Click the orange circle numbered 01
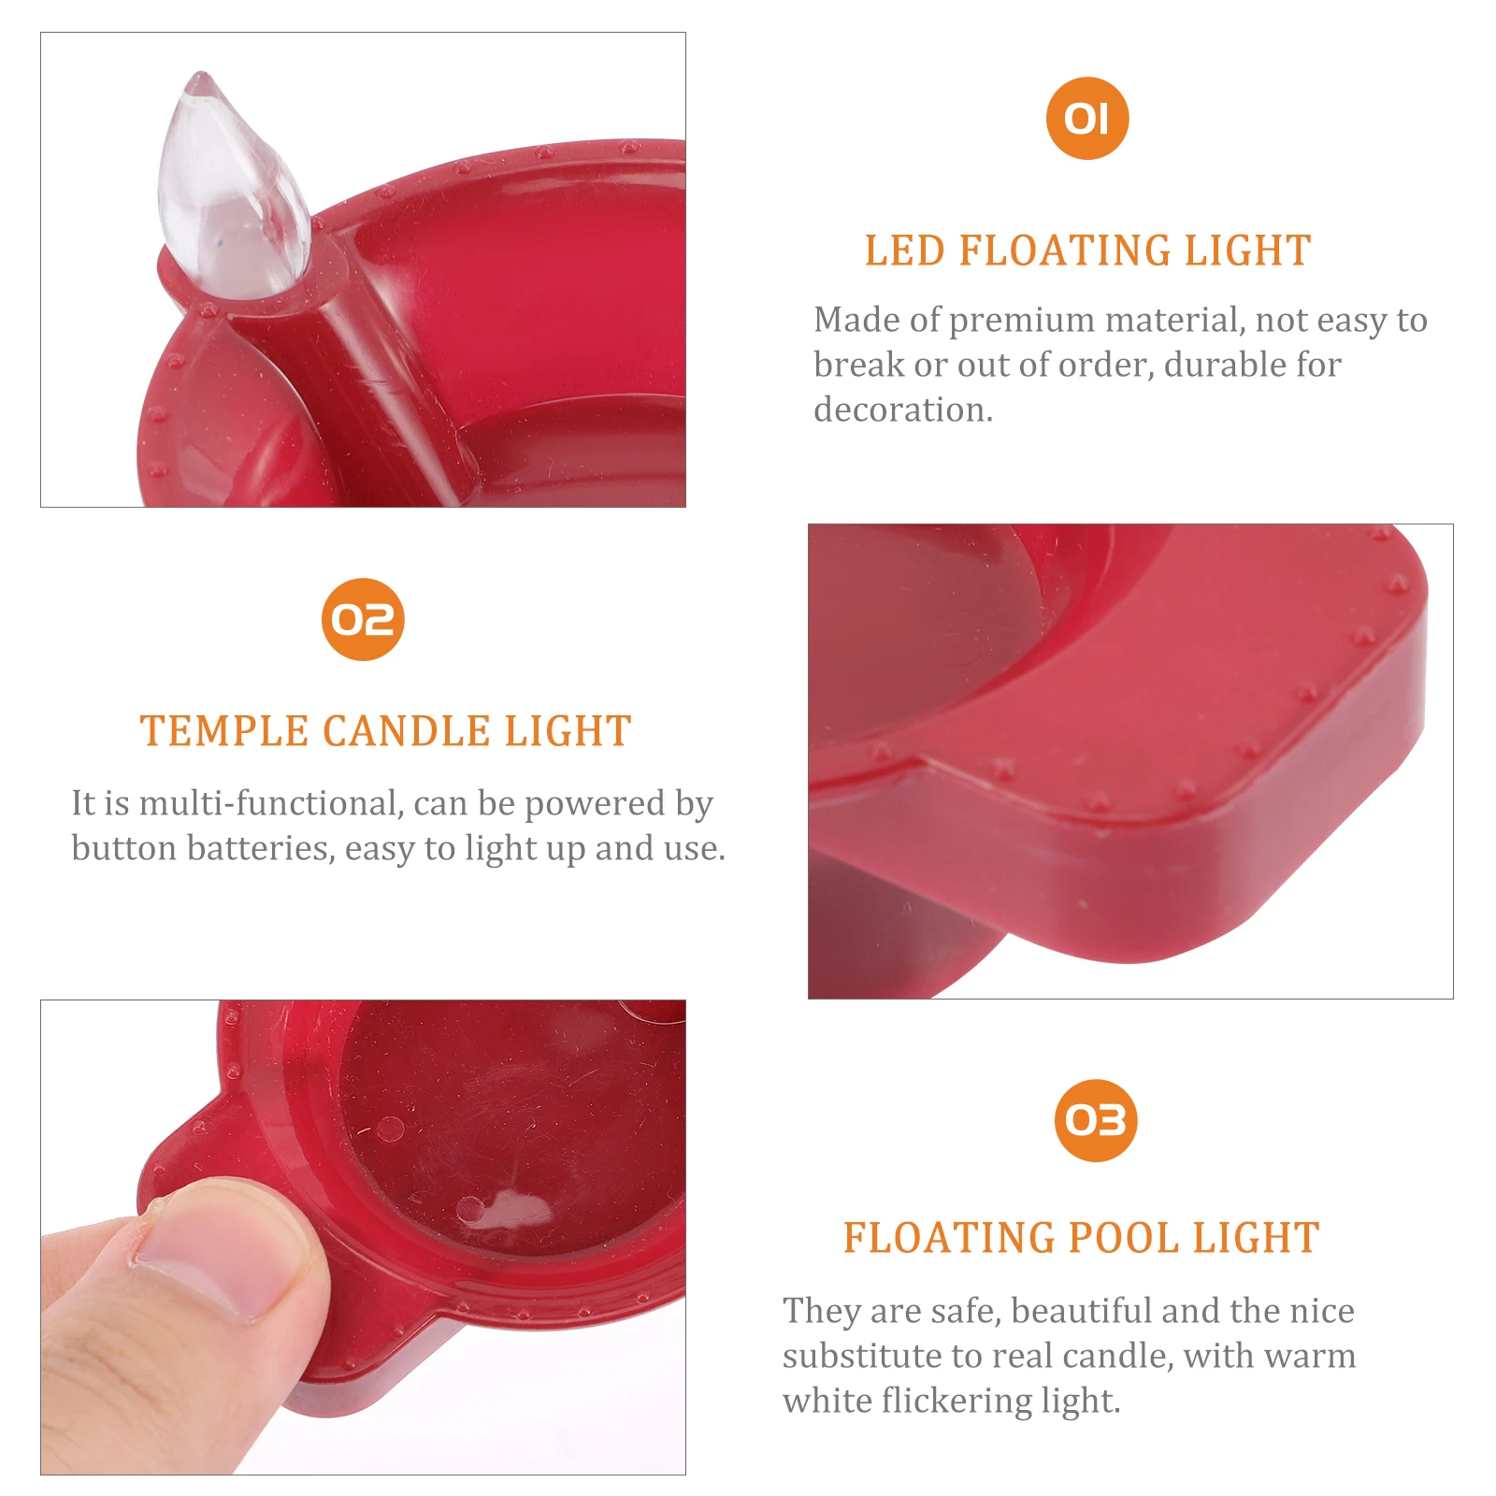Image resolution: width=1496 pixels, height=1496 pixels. click(1087, 119)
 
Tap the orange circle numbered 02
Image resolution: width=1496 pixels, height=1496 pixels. click(363, 620)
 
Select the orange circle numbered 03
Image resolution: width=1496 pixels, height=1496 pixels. click(1096, 1120)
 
